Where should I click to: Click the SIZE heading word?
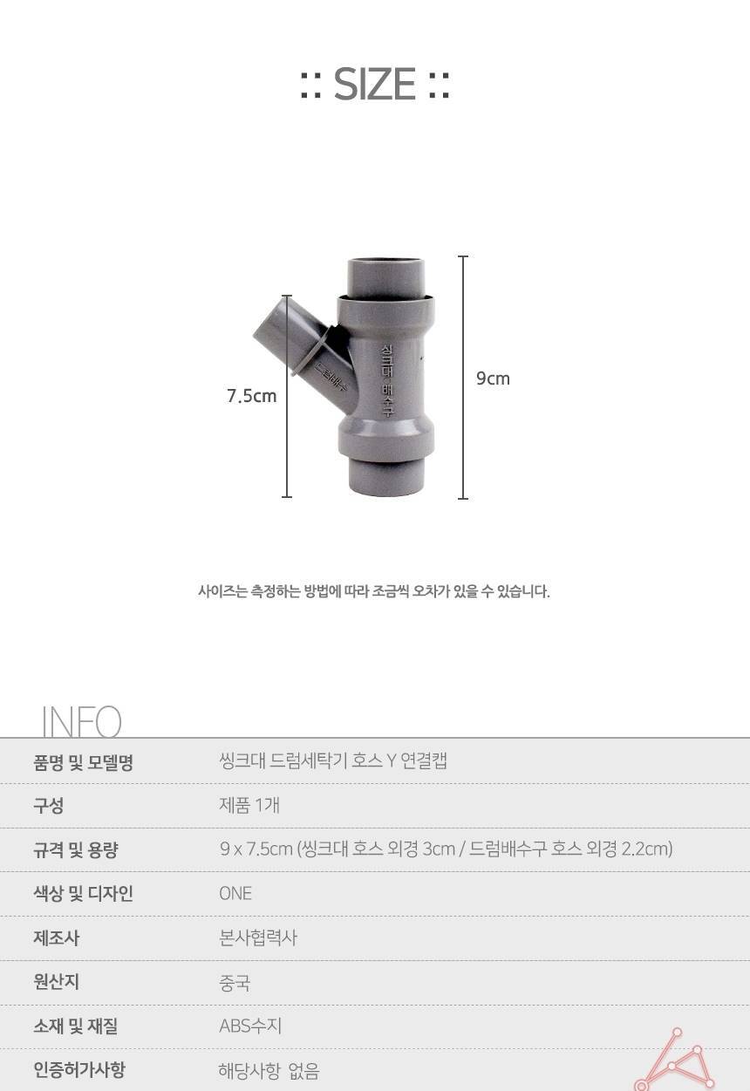(x=374, y=85)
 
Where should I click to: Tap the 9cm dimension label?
(x=493, y=378)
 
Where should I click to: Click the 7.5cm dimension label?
(x=252, y=395)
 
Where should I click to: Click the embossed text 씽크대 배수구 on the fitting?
(x=387, y=380)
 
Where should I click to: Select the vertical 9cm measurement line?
(x=463, y=378)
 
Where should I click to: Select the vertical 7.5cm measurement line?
(x=287, y=396)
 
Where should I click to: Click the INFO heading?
(x=81, y=721)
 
